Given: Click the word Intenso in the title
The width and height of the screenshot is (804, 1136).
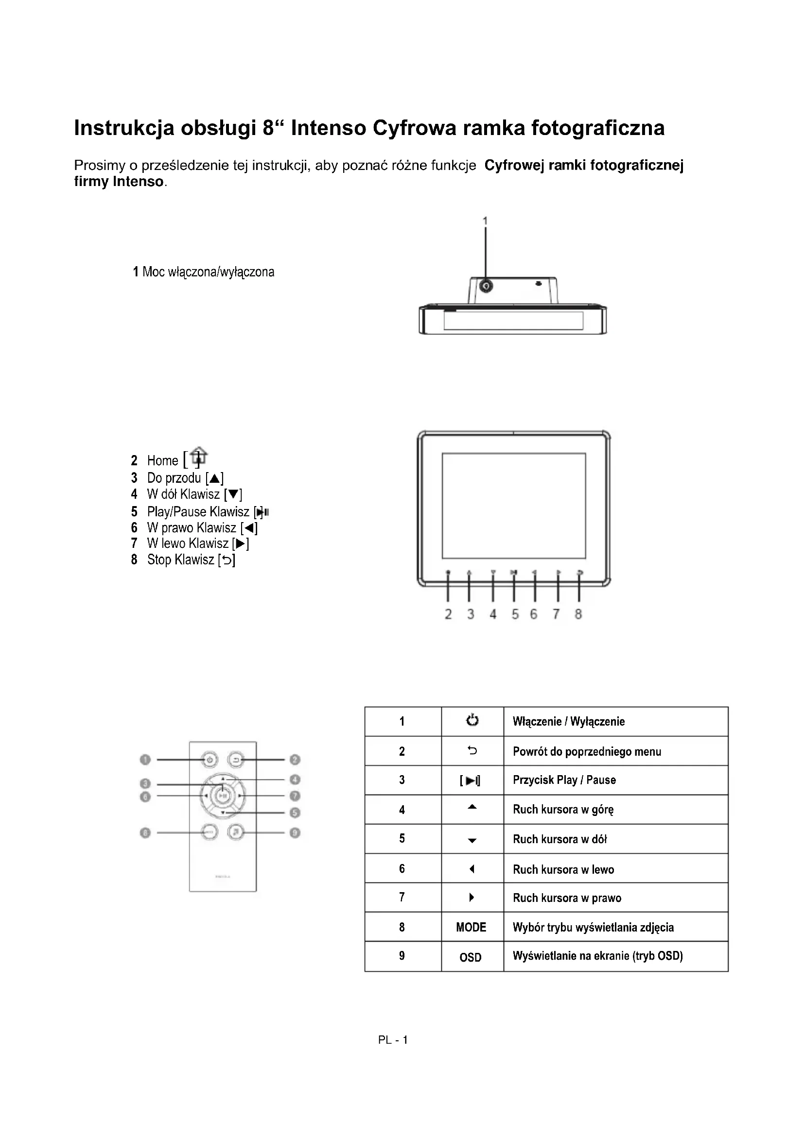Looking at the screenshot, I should pyautogui.click(x=328, y=128).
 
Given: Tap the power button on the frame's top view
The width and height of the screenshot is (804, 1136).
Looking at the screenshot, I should pyautogui.click(x=486, y=286).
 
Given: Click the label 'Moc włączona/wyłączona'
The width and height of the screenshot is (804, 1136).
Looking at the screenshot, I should pyautogui.click(x=208, y=272).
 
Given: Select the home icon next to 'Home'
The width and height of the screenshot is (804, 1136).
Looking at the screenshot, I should pyautogui.click(x=198, y=456).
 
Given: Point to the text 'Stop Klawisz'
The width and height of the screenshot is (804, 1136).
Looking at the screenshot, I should pyautogui.click(x=180, y=560).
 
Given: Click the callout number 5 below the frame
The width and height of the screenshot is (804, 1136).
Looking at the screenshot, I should pyautogui.click(x=515, y=614).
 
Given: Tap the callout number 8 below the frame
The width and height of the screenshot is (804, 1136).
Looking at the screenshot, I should pyautogui.click(x=578, y=614).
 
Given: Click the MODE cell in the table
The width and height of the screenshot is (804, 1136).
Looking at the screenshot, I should pyautogui.click(x=471, y=927).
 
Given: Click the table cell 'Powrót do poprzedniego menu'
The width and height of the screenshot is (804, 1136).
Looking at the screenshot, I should pyautogui.click(x=587, y=752).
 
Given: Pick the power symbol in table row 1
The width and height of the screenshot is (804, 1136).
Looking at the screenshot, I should pyautogui.click(x=472, y=720).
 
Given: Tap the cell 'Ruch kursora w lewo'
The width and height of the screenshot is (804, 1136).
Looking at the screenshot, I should pyautogui.click(x=563, y=869).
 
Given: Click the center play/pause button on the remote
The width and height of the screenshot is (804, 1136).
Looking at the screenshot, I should pyautogui.click(x=223, y=796).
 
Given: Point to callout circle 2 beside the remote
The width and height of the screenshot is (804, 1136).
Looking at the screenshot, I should pyautogui.click(x=295, y=760).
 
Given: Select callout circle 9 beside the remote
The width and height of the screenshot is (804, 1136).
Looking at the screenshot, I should pyautogui.click(x=295, y=833).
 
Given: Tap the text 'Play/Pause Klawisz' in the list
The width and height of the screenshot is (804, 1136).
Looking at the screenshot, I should pyautogui.click(x=198, y=511).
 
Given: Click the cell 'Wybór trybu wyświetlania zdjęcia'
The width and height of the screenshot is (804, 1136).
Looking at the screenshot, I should pyautogui.click(x=593, y=927).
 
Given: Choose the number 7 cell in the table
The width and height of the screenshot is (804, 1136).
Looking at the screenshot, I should pyautogui.click(x=402, y=897).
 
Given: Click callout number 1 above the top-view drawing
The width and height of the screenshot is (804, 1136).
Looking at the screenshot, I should pyautogui.click(x=485, y=220).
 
